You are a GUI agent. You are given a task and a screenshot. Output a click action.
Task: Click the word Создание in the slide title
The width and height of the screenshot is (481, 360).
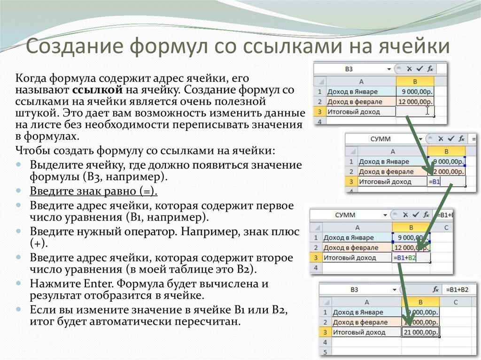[x=75, y=46]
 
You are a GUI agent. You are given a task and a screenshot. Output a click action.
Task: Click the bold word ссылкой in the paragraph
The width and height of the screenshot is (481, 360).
[x=98, y=90]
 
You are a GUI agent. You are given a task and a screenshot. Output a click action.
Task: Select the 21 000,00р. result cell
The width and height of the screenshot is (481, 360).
[x=420, y=332]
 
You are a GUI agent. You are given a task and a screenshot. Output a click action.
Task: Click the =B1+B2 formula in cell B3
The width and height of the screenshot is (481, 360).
[x=404, y=258]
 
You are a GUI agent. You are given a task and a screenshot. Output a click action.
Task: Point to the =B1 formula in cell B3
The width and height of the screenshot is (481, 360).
[x=434, y=182]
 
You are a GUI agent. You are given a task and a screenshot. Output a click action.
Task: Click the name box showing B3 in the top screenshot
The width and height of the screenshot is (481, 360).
[x=349, y=69]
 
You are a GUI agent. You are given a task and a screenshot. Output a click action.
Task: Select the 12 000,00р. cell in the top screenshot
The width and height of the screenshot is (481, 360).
[x=415, y=101]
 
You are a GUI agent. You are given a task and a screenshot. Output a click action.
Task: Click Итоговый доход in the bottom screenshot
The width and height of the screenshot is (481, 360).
[x=359, y=332]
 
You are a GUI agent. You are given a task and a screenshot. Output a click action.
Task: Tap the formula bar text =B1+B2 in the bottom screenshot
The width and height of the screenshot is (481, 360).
[x=457, y=290]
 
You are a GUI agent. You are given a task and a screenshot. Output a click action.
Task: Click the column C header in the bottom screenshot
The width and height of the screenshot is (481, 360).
[x=456, y=302]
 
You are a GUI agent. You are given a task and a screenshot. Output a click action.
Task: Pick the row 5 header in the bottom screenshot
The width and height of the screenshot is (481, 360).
[x=325, y=352]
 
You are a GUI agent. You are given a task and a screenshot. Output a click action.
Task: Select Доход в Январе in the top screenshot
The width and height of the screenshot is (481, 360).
[x=352, y=92]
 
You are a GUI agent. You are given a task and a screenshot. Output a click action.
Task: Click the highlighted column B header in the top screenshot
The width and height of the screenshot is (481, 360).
[x=415, y=82]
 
